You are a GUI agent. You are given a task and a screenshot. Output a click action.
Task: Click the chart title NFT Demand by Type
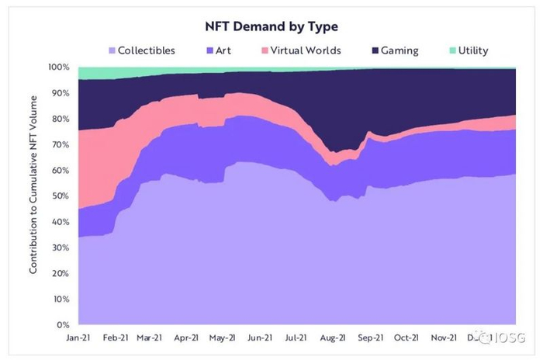coord(272,26)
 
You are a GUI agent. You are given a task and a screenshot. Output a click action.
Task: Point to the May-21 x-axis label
coord(223,338)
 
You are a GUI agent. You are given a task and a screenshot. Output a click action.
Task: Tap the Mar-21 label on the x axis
coord(148,338)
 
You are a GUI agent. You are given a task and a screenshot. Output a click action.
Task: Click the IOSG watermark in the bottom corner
coord(500,339)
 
